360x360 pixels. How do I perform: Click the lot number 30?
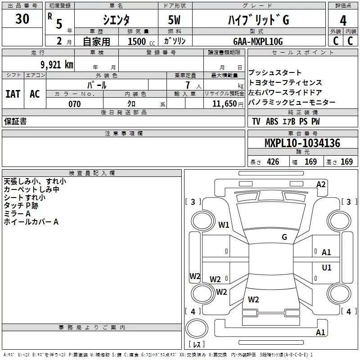click(x=22, y=19)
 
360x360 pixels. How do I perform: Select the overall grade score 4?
click(x=343, y=21)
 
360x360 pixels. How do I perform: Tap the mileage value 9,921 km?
click(x=57, y=65)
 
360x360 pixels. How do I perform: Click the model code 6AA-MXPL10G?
click(x=258, y=41)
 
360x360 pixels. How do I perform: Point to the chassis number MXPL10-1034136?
click(x=302, y=143)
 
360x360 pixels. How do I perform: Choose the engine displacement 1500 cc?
click(x=141, y=41)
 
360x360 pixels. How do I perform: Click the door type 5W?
click(x=174, y=20)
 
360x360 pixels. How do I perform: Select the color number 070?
click(x=75, y=104)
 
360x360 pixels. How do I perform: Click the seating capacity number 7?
click(x=188, y=85)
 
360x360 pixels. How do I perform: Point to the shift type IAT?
click(x=13, y=94)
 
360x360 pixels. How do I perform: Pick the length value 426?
click(x=273, y=162)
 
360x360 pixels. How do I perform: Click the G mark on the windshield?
click(x=284, y=237)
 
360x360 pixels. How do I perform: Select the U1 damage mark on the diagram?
click(x=327, y=267)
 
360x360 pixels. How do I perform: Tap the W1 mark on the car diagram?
click(x=224, y=225)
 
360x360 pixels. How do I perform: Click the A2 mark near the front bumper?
click(x=321, y=184)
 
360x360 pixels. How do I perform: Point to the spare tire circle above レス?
click(x=197, y=328)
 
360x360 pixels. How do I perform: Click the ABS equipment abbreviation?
click(x=272, y=121)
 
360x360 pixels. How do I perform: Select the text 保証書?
click(x=15, y=121)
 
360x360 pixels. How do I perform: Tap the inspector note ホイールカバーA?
click(x=31, y=222)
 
